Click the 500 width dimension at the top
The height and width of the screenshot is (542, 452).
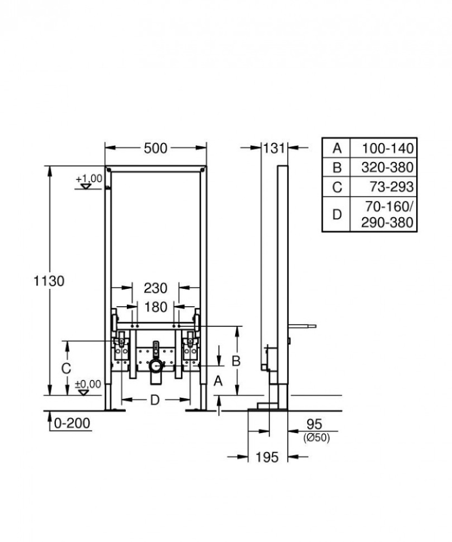(156, 148)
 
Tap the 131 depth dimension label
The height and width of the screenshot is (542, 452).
(274, 148)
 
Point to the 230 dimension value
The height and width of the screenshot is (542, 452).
(156, 288)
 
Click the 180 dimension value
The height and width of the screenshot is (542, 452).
(156, 307)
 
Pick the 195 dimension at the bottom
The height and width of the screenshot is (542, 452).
(267, 457)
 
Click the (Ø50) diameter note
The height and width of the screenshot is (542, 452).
(317, 438)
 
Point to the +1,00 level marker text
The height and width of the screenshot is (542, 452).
(89, 178)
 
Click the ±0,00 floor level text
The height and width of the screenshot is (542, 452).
(88, 384)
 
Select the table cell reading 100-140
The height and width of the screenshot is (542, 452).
(388, 148)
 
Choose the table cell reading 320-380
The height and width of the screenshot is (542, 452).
(388, 167)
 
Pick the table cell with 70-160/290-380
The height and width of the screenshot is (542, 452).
(388, 215)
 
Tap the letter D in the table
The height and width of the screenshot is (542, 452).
(337, 215)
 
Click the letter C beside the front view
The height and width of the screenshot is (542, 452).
(66, 369)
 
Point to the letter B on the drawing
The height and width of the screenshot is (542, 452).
(236, 360)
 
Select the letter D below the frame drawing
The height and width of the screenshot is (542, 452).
(154, 401)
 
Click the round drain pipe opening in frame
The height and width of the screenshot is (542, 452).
(156, 367)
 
